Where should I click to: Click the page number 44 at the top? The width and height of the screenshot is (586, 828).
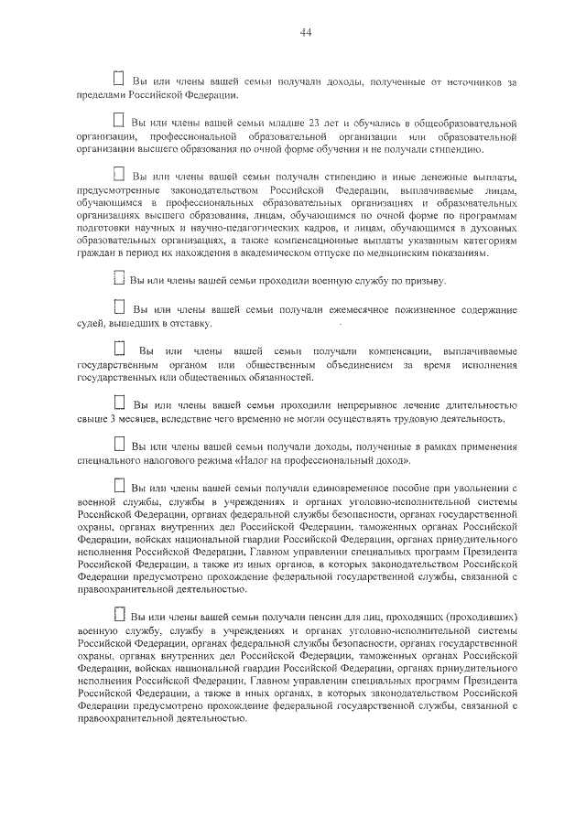tap(306, 34)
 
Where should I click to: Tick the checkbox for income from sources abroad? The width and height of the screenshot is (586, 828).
tap(118, 81)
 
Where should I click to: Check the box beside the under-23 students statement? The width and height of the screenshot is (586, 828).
tap(118, 120)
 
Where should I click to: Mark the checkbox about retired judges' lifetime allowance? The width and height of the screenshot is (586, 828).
tap(118, 309)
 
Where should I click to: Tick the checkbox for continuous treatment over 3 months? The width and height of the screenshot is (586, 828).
tap(118, 402)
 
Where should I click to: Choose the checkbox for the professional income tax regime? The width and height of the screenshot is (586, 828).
tap(118, 444)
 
